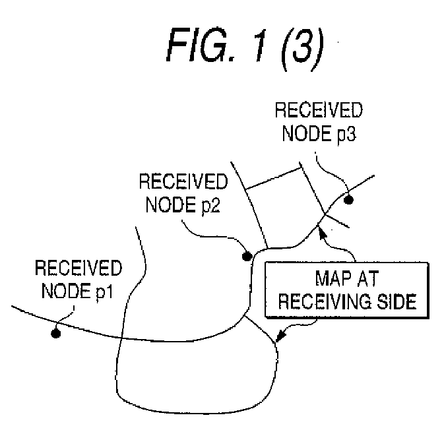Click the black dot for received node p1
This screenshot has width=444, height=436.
56,334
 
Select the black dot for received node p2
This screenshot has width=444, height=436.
247,257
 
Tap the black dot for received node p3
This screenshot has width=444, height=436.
348,200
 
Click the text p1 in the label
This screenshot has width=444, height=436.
104,292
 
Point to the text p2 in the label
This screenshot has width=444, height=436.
211,206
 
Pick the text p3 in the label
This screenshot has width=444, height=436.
347,135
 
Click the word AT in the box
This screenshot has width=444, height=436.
367,278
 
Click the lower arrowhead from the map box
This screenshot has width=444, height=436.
280,336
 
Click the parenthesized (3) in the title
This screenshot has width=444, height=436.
302,49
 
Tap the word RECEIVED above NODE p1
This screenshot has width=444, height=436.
79,268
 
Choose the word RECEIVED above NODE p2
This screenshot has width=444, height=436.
183,181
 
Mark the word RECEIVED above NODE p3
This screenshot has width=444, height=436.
319,110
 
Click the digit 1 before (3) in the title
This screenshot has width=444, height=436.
261,45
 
